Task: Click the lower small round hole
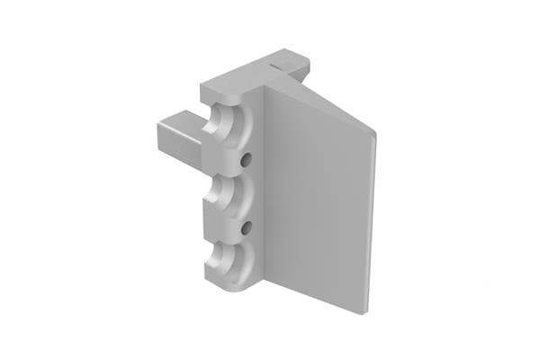pos(244,229)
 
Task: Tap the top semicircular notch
pos(228,126)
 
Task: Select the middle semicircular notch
pos(228,195)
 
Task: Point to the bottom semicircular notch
pos(228,264)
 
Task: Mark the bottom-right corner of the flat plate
pos(367,312)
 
